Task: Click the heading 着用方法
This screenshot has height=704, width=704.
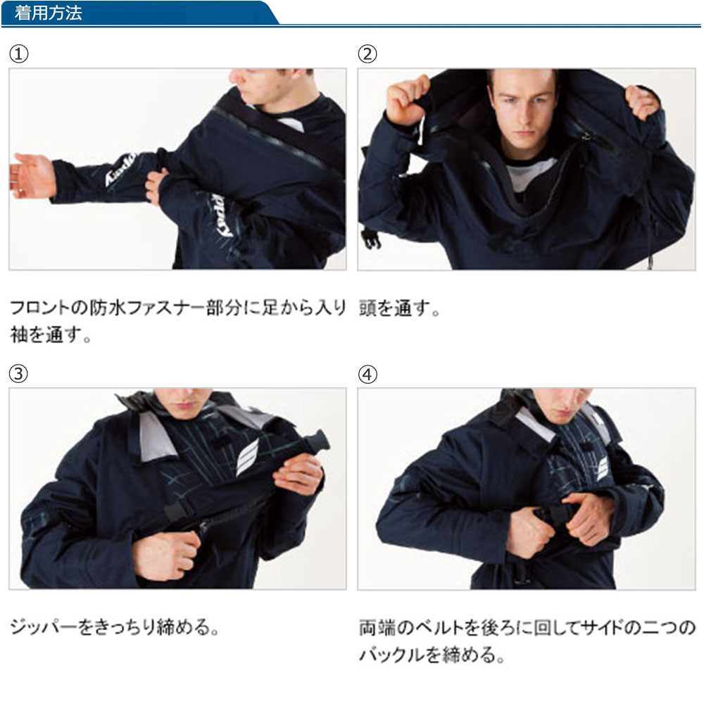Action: [x=48, y=13]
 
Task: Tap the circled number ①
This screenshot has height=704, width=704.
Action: [x=19, y=54]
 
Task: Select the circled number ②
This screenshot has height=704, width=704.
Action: [x=367, y=54]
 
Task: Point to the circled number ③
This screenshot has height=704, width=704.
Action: [x=19, y=374]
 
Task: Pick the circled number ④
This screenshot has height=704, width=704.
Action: [x=367, y=374]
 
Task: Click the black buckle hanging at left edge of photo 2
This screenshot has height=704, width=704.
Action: [x=371, y=238]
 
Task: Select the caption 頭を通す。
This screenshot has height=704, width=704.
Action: [x=400, y=308]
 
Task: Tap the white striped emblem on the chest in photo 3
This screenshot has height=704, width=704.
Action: [x=247, y=456]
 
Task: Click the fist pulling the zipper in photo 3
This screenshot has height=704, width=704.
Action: [x=167, y=555]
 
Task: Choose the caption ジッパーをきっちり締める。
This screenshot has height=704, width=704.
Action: [x=115, y=627]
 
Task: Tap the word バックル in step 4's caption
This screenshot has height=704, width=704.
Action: [x=391, y=654]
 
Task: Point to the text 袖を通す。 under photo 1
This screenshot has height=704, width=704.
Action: [x=51, y=335]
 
